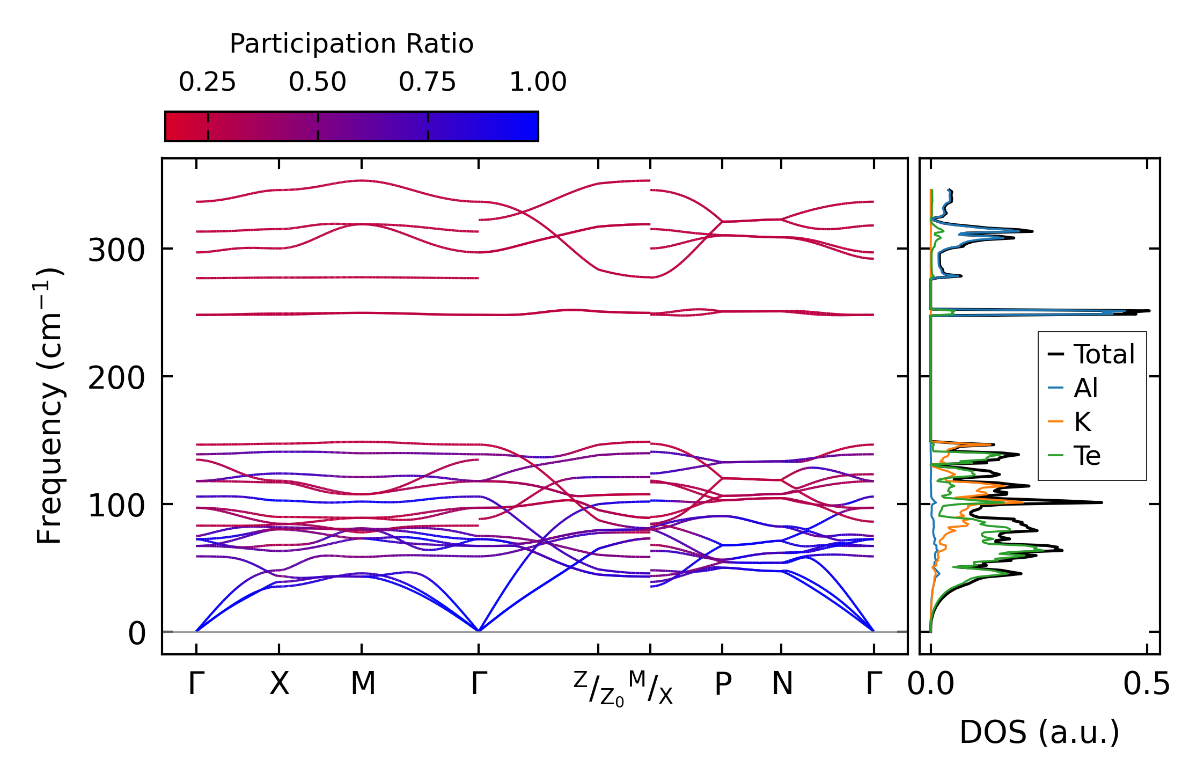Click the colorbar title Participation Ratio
click(351, 44)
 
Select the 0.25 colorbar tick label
click(207, 83)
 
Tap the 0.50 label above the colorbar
click(318, 83)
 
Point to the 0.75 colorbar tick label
click(427, 83)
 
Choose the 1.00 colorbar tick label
click(538, 83)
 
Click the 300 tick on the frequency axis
click(116, 250)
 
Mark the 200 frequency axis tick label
click(116, 378)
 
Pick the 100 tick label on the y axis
click(116, 506)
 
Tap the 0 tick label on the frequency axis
click(136, 633)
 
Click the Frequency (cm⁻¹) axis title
click(49, 406)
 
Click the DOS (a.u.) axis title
click(1039, 732)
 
